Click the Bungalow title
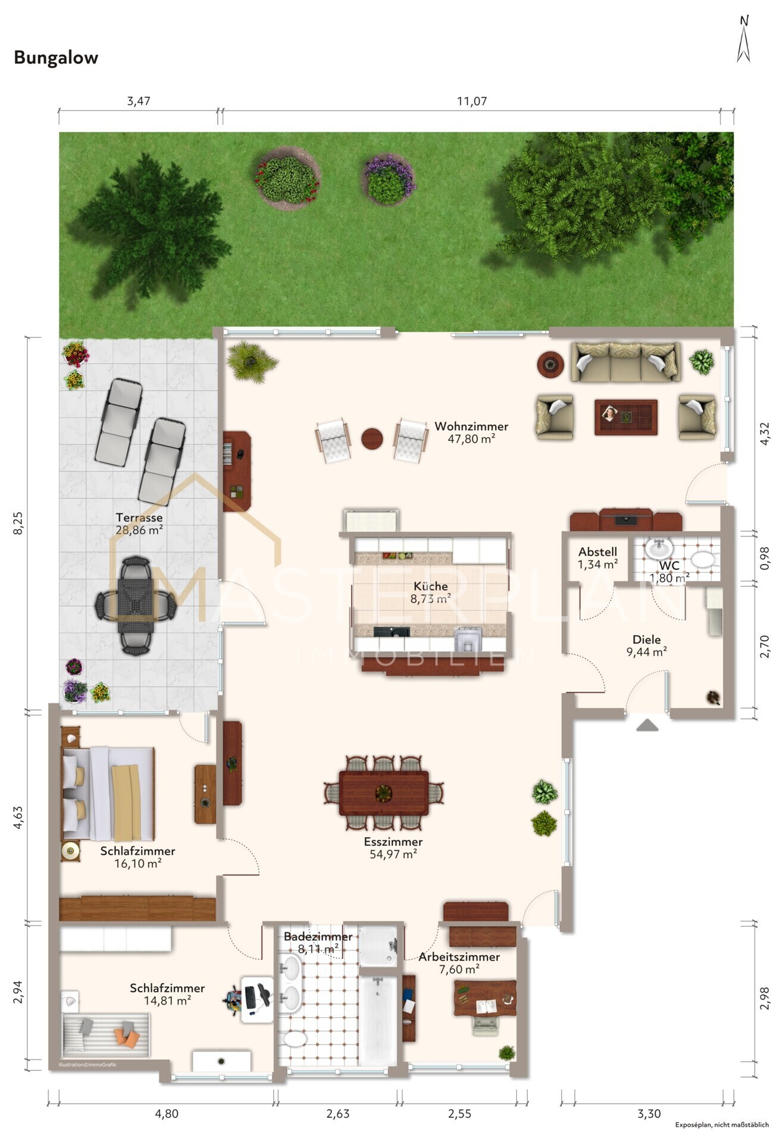click(56, 58)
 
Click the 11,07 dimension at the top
click(471, 101)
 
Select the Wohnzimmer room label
click(471, 426)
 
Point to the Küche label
click(430, 586)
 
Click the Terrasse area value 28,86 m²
click(139, 530)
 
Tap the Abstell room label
click(598, 552)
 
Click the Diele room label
click(646, 639)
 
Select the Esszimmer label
click(393, 842)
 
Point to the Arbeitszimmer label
click(459, 956)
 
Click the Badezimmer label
click(318, 936)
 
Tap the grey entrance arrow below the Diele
click(647, 724)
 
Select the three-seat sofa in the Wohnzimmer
click(625, 361)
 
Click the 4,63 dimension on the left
click(18, 817)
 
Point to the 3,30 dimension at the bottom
click(649, 1113)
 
